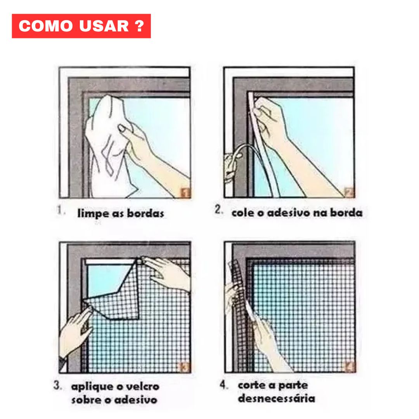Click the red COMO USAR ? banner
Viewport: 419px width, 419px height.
click(81, 26)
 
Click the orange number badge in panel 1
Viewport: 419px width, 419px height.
click(186, 192)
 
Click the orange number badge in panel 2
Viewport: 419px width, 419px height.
click(349, 192)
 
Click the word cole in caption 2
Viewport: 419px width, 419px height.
click(242, 213)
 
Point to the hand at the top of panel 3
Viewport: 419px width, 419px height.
click(167, 274)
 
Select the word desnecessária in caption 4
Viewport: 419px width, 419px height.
click(277, 398)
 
